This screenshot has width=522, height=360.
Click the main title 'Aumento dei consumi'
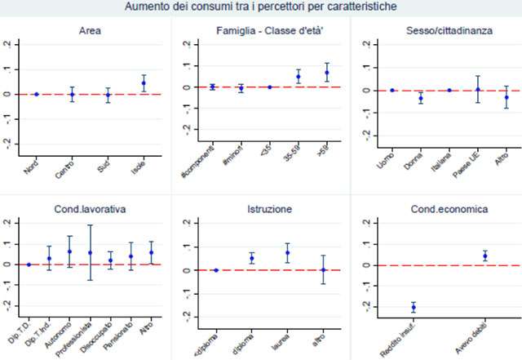(x=261, y=7)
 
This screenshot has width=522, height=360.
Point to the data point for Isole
(x=144, y=83)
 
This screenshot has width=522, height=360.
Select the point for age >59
(x=327, y=73)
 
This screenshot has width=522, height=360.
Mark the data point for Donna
(x=421, y=98)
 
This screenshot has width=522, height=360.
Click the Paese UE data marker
(x=478, y=90)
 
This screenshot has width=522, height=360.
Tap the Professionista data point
(x=90, y=253)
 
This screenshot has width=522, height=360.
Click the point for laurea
(x=287, y=253)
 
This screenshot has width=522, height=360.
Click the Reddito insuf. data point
(x=414, y=307)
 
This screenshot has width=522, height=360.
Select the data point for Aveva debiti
(x=484, y=256)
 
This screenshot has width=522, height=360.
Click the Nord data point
(x=36, y=94)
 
